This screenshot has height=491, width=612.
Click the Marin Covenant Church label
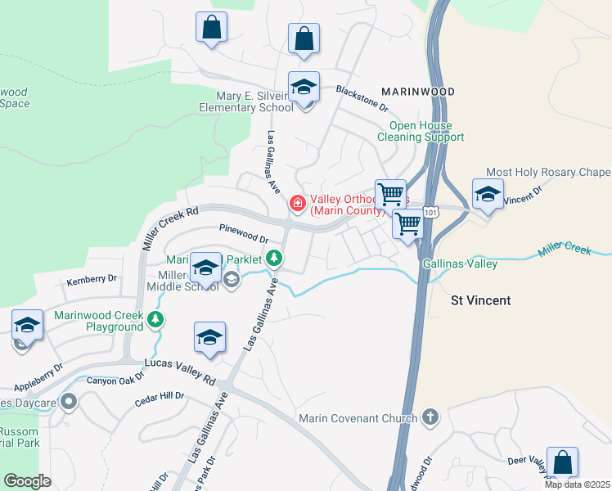tap(358, 419)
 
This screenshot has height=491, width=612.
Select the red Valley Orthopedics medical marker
tap(298, 203)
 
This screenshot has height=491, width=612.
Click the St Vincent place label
tap(481, 300)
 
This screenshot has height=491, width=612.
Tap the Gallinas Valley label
tap(460, 264)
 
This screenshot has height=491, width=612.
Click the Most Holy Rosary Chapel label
tap(547, 173)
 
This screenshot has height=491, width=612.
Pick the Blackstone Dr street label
tap(362, 97)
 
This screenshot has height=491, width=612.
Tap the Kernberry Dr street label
tap(91, 281)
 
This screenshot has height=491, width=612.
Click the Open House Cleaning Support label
tap(421, 131)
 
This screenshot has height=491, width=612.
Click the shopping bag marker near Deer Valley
tap(562, 462)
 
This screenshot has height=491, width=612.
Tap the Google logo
tap(28, 481)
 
